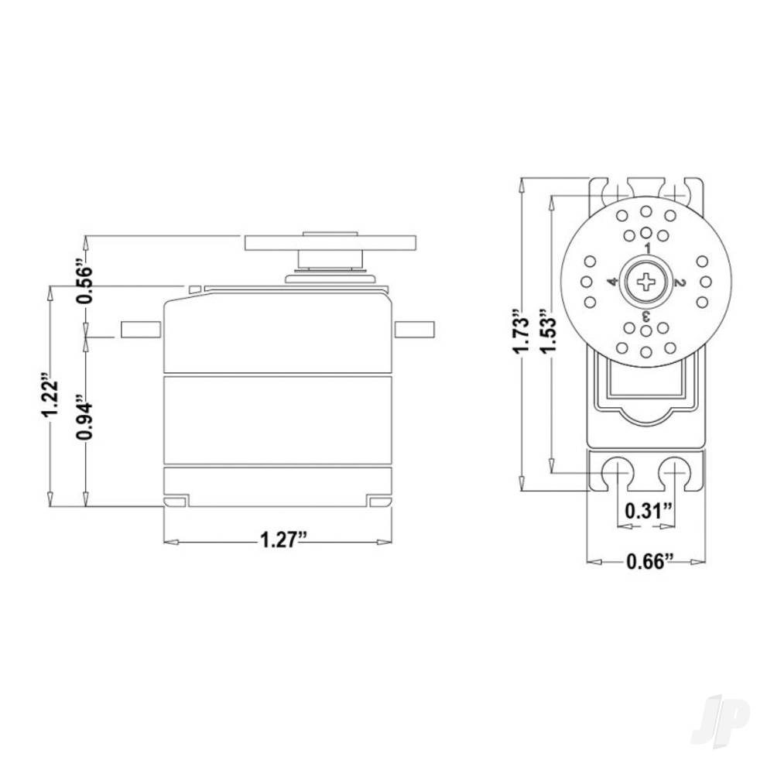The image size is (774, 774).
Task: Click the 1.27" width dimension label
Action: pyautogui.click(x=279, y=540)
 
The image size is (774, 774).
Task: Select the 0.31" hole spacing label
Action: pyautogui.click(x=646, y=511)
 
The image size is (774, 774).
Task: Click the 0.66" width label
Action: pyautogui.click(x=646, y=561)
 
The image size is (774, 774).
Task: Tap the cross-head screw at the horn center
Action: pyautogui.click(x=646, y=281)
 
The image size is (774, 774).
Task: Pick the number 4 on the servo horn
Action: pyautogui.click(x=612, y=282)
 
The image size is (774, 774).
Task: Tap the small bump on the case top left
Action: pyautogui.click(x=196, y=289)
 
